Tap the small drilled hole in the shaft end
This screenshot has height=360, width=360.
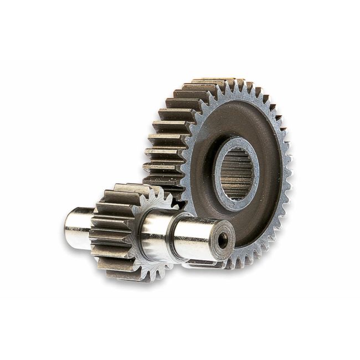click(x=223, y=240)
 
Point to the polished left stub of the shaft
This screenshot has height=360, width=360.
click(x=76, y=226)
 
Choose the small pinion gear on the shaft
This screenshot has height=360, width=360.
click(x=119, y=233)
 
